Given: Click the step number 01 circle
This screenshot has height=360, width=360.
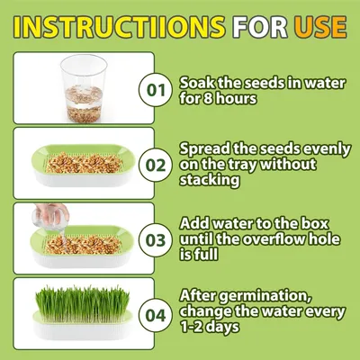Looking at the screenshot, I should pos(156,89).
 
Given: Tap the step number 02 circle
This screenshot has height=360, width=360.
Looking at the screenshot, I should pos(156,165).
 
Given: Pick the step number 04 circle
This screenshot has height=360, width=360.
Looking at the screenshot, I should pos(156,315).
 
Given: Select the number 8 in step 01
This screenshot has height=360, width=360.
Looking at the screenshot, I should pos(211,97).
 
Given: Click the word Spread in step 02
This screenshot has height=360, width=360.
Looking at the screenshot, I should pos(208,148).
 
